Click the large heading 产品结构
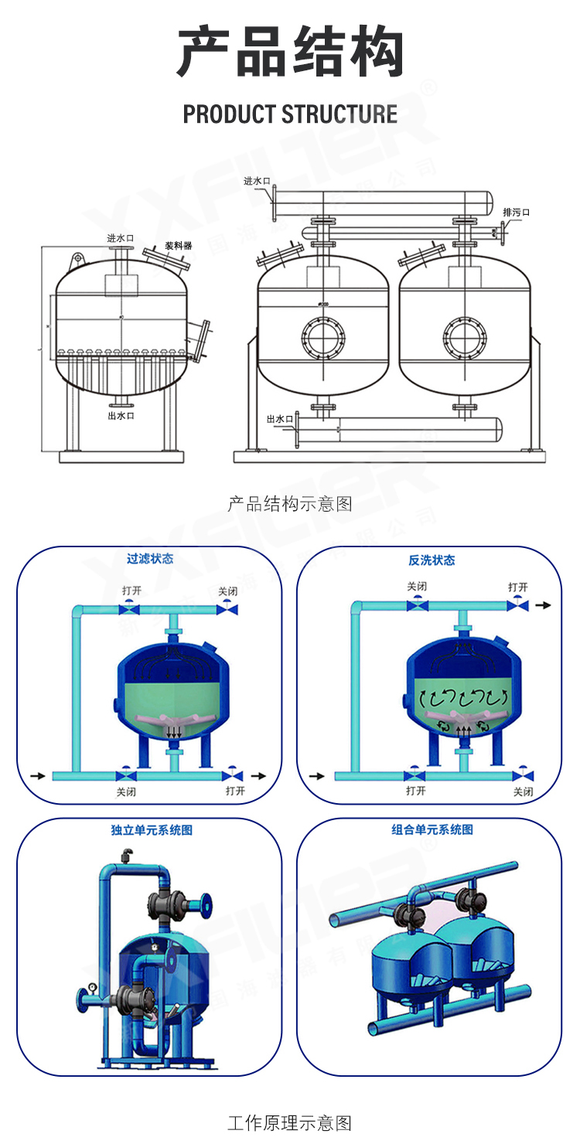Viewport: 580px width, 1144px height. [290, 53]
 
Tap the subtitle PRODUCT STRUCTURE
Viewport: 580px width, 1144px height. [290, 114]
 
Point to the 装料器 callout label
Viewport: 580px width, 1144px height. [178, 246]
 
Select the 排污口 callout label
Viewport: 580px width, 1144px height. [516, 213]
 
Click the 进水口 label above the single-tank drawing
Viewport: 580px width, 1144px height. [121, 238]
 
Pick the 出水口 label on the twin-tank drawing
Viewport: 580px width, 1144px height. [279, 418]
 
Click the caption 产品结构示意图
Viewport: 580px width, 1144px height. [290, 504]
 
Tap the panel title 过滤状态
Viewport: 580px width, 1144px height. [150, 559]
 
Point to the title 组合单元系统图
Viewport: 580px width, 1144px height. [432, 829]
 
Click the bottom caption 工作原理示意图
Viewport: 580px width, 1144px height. [290, 1122]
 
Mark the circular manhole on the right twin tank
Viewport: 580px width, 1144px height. [464, 335]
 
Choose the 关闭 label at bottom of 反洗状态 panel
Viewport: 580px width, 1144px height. [524, 792]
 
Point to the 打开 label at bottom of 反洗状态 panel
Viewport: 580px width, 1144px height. [415, 791]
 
